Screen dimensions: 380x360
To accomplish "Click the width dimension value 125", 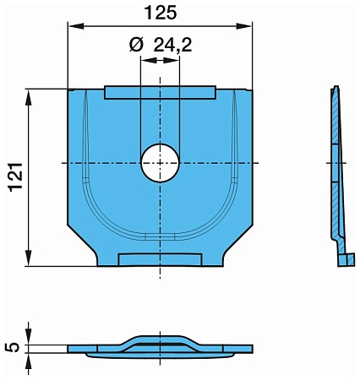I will [x=160, y=14].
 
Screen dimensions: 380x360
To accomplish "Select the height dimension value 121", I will [x=14, y=177].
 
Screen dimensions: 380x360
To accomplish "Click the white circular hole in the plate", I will [x=160, y=162].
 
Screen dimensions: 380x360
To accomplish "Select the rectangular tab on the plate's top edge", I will [x=160, y=91].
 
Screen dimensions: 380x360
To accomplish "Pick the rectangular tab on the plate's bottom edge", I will [x=160, y=259].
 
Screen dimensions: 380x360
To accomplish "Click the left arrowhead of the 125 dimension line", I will [x=73, y=27].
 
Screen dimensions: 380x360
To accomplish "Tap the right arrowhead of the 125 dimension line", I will [x=248, y=27].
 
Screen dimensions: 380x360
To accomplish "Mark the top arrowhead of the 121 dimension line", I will [x=30, y=94].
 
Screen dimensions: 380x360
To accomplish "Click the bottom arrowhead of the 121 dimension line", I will [x=30, y=261].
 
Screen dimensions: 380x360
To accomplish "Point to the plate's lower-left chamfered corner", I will [x=87, y=247].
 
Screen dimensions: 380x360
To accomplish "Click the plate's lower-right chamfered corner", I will [x=232, y=247].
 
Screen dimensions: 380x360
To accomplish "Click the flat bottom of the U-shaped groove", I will [x=160, y=234].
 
